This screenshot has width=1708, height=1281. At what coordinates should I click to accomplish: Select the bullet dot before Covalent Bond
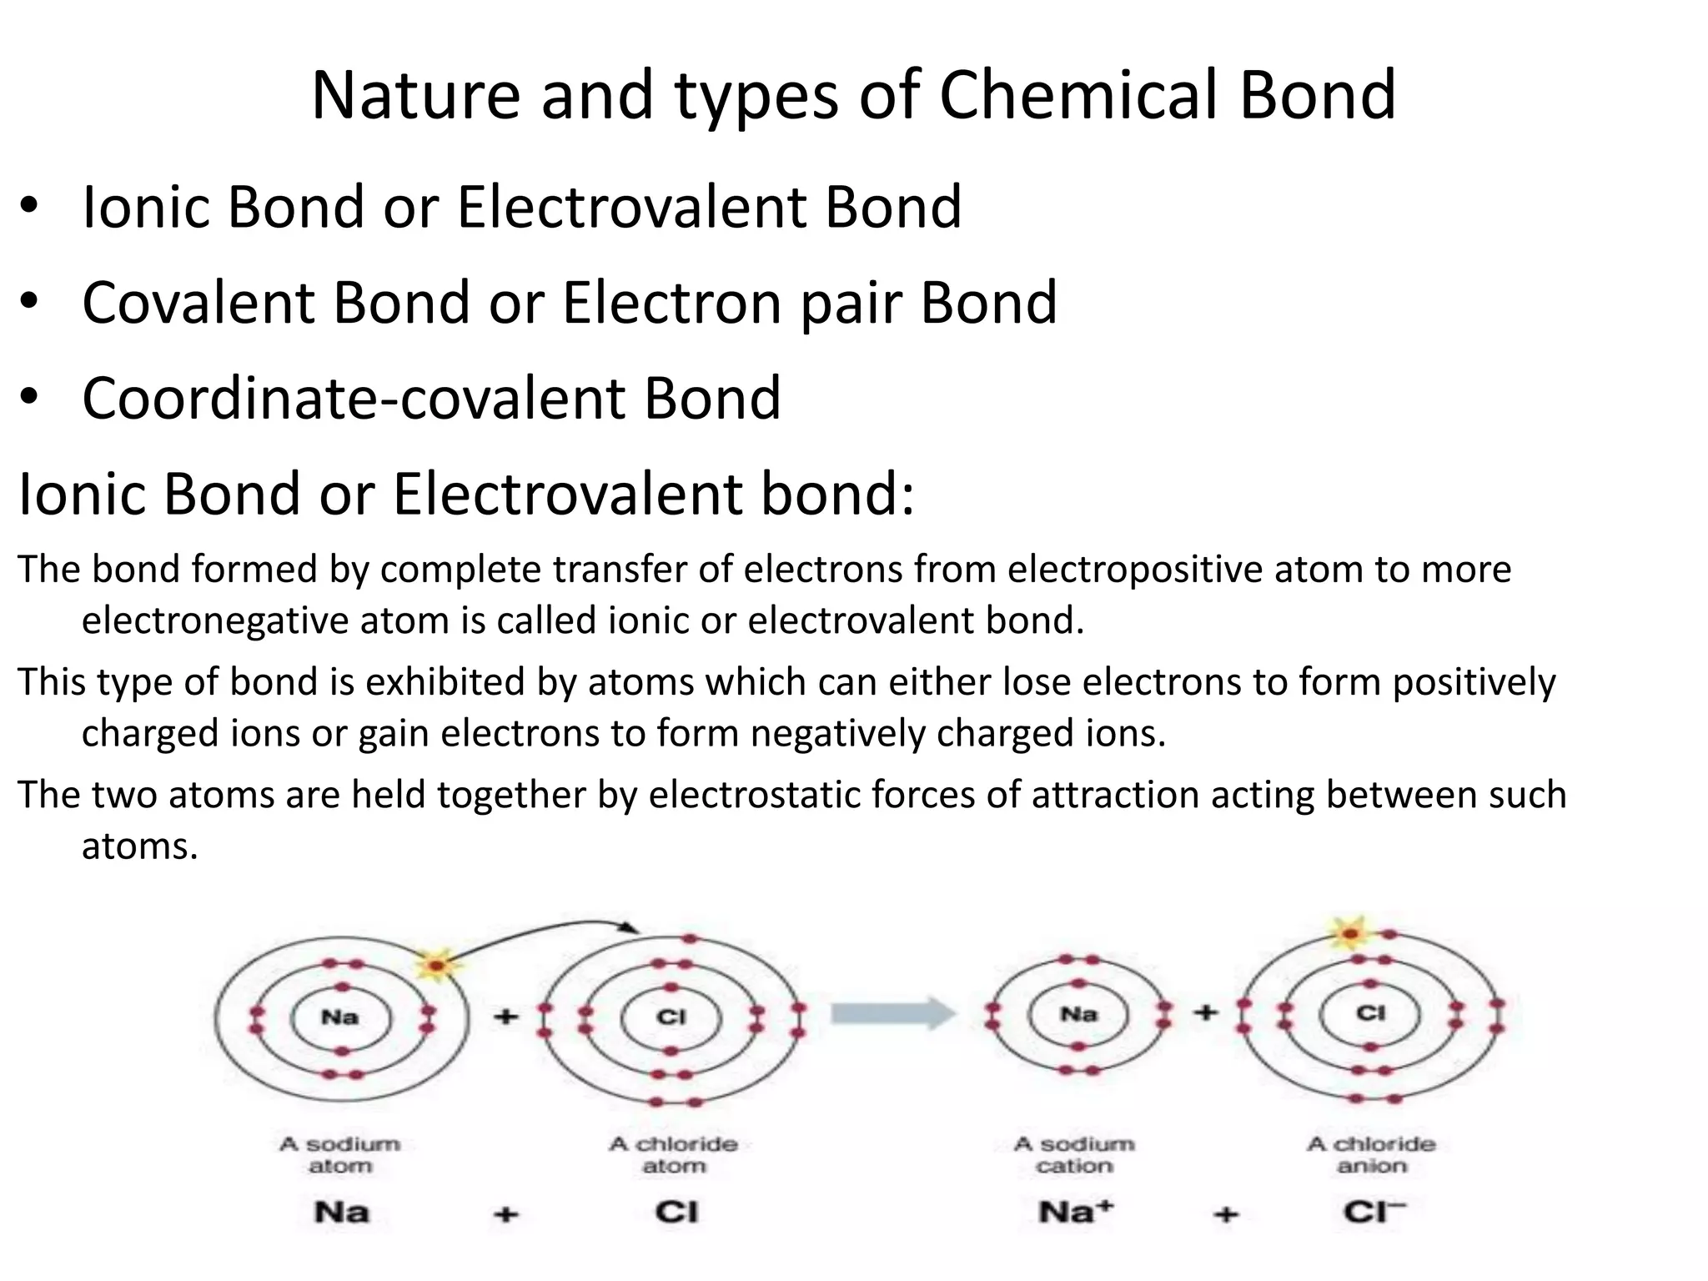[x=30, y=302]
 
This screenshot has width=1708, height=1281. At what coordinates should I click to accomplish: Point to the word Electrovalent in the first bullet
[x=631, y=207]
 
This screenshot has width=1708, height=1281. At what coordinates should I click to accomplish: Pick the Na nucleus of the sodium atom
[x=340, y=1017]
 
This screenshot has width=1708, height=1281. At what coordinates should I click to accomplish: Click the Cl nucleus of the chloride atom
[x=671, y=1017]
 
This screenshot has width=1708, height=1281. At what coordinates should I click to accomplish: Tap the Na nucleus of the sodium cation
[x=1078, y=1015]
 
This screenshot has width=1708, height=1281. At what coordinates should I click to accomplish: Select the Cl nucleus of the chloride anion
[x=1370, y=1013]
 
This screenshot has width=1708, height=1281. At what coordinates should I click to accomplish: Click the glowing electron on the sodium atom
[x=435, y=966]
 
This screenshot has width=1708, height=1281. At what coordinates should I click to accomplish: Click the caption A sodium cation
[x=1074, y=1155]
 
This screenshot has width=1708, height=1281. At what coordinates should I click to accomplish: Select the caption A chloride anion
[x=1372, y=1155]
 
